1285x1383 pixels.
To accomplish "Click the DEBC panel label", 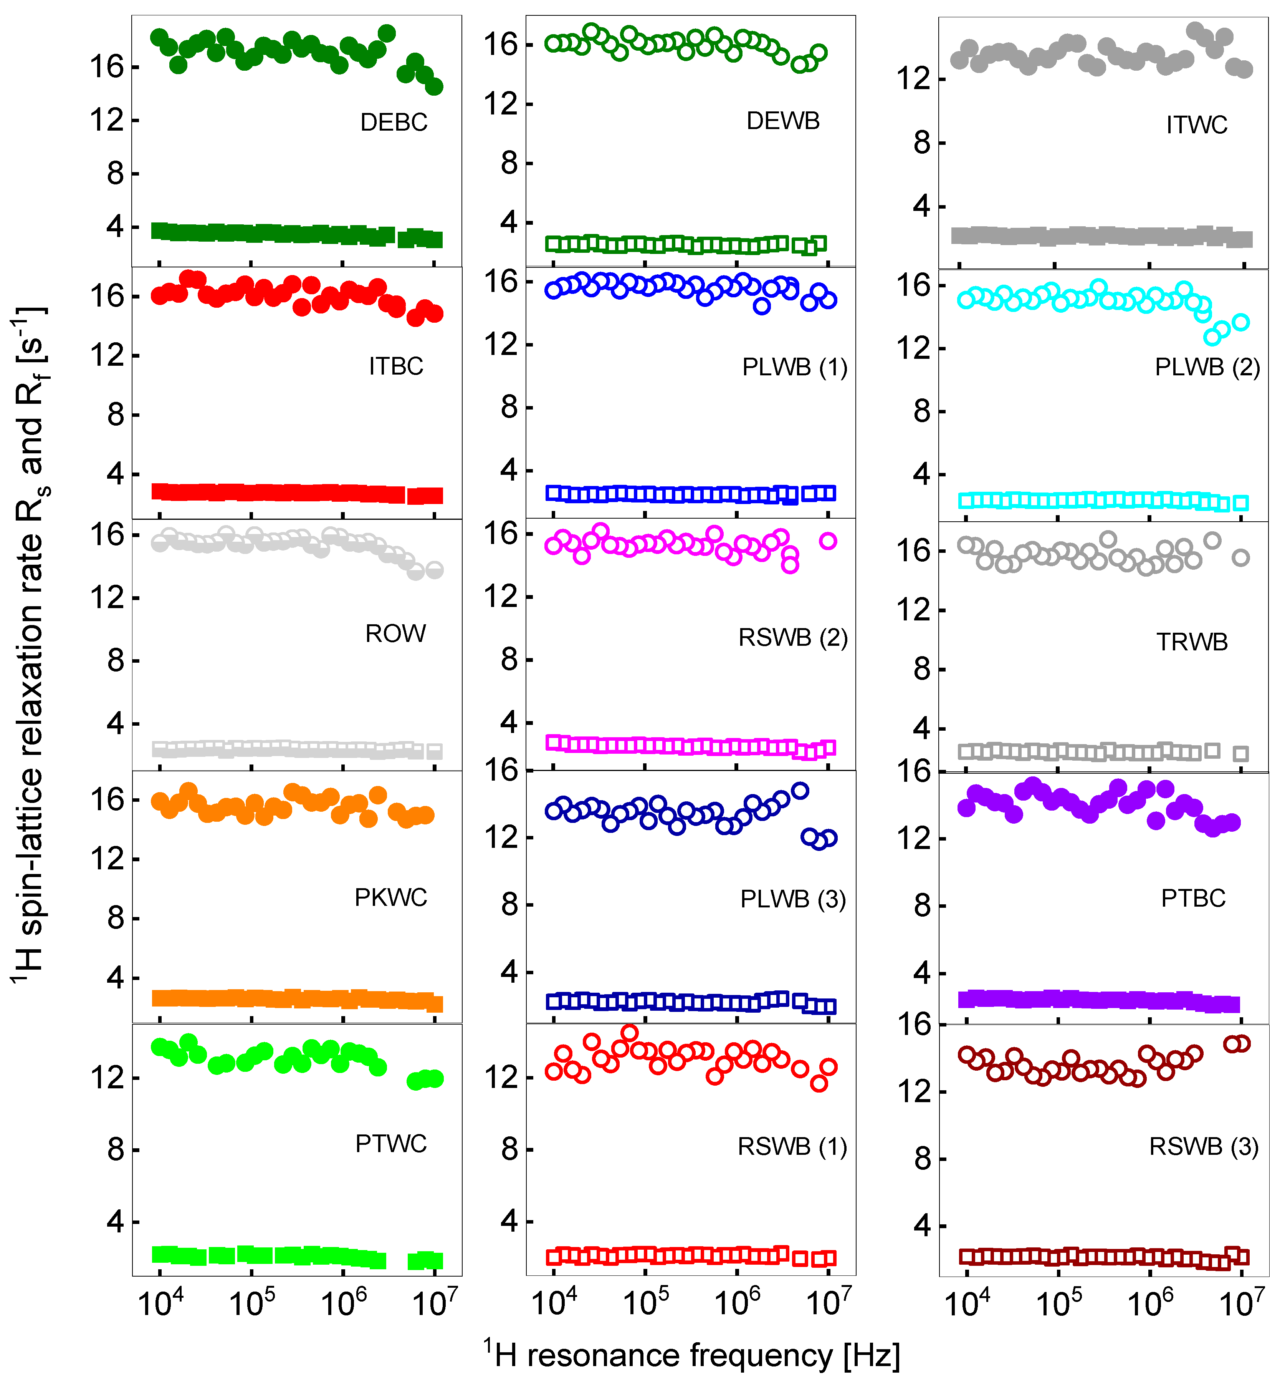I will tap(394, 123).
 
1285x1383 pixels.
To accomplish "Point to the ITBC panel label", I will tap(396, 366).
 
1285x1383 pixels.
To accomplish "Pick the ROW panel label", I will tap(395, 634).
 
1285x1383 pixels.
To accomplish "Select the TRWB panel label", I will tap(1192, 642).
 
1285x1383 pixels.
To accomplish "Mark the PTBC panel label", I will tap(1193, 898).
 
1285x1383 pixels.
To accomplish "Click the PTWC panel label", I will tap(391, 1144).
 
